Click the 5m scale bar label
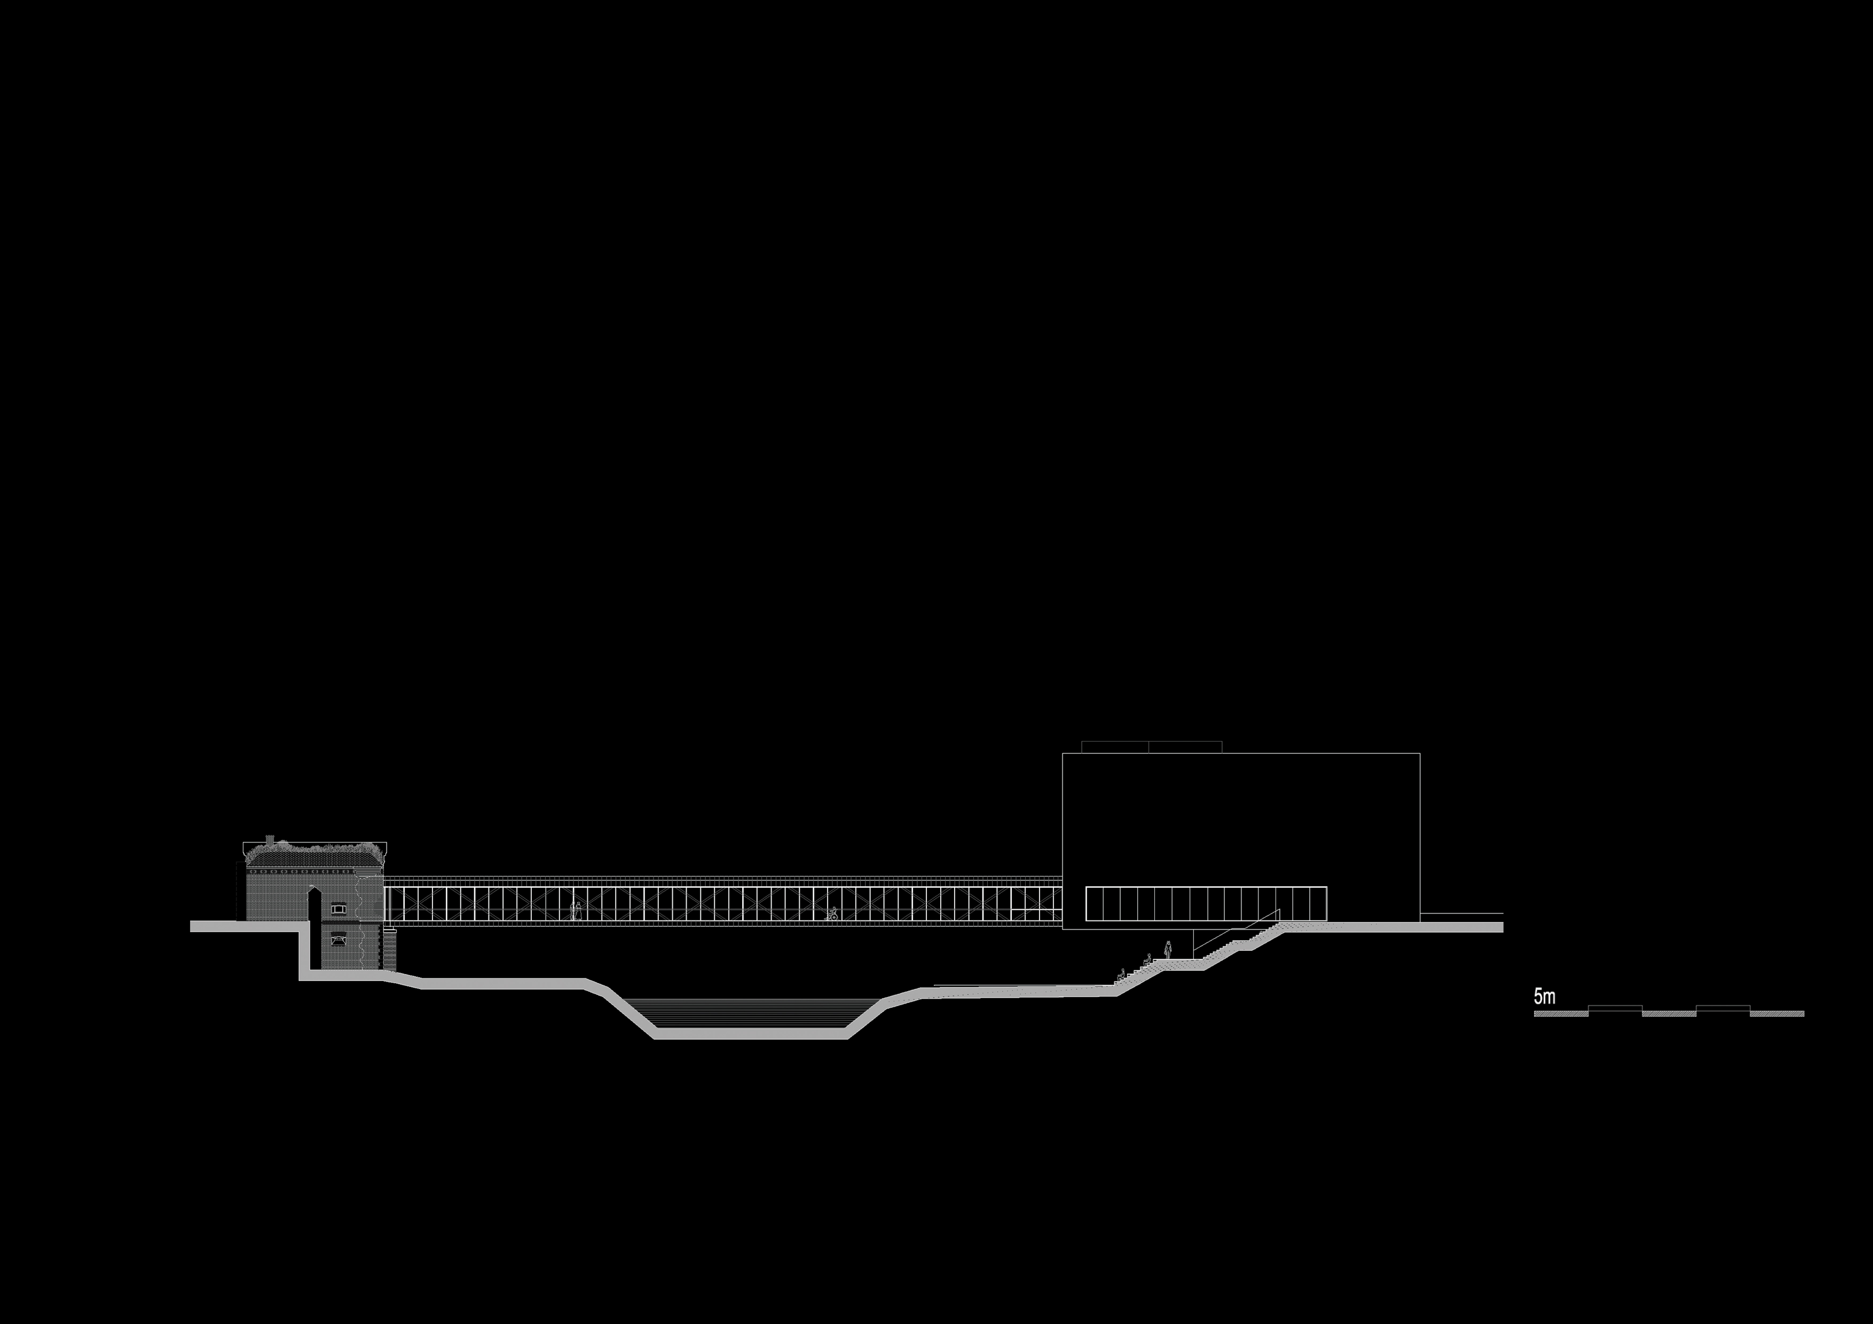pyautogui.click(x=1544, y=996)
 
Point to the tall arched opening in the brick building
pyautogui.click(x=312, y=905)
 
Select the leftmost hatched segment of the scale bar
pyautogui.click(x=1561, y=1013)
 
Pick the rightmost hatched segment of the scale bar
pyautogui.click(x=1777, y=1013)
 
